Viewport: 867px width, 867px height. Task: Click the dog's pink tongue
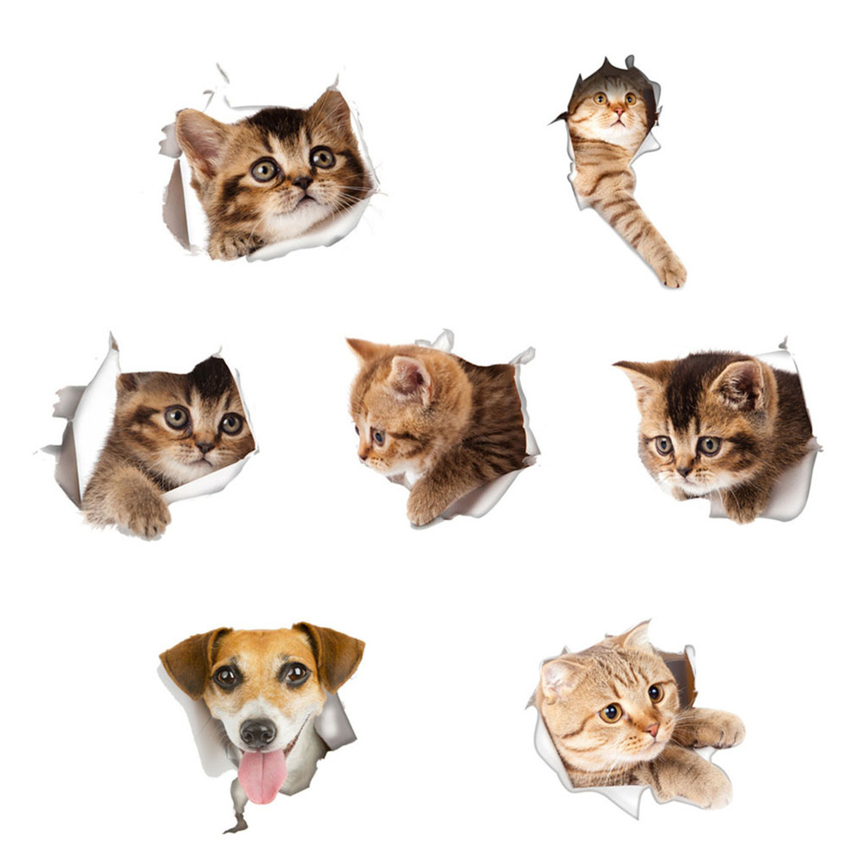pyautogui.click(x=262, y=776)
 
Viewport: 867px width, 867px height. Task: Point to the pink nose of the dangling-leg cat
pyautogui.click(x=618, y=111)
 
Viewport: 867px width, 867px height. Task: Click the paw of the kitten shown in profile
pyautogui.click(x=423, y=509)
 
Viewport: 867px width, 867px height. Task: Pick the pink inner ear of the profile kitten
pyautogui.click(x=411, y=377)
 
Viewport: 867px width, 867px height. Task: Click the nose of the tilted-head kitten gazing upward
pyautogui.click(x=302, y=182)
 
